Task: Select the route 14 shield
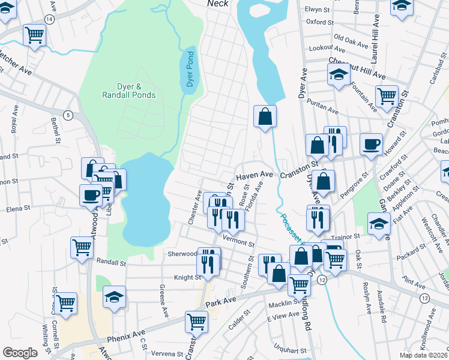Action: [49, 19]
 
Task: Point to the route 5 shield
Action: [68, 115]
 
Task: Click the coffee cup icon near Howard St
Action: [371, 144]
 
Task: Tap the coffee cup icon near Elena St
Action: [91, 194]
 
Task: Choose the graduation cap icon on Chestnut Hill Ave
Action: [339, 75]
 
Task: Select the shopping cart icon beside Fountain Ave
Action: [387, 94]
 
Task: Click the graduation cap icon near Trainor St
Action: [379, 225]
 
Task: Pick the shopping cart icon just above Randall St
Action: [81, 247]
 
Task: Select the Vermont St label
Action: [239, 243]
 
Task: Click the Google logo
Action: [20, 353]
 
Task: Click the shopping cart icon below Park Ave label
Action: [196, 322]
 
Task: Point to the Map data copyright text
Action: [423, 355]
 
